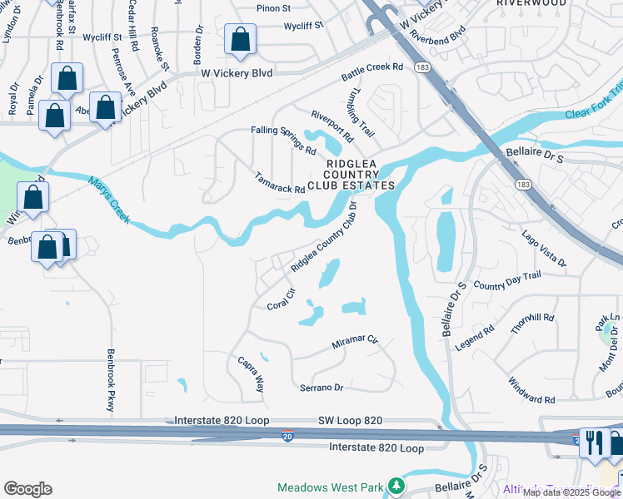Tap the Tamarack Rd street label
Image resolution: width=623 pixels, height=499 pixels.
(x=280, y=183)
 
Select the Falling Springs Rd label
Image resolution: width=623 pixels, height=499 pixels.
(x=284, y=141)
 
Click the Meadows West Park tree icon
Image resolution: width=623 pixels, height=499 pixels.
(x=399, y=485)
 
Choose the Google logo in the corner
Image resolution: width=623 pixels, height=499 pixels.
(x=27, y=488)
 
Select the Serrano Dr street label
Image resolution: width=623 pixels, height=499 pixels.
(x=321, y=388)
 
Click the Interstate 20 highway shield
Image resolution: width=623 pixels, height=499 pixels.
(x=286, y=436)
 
